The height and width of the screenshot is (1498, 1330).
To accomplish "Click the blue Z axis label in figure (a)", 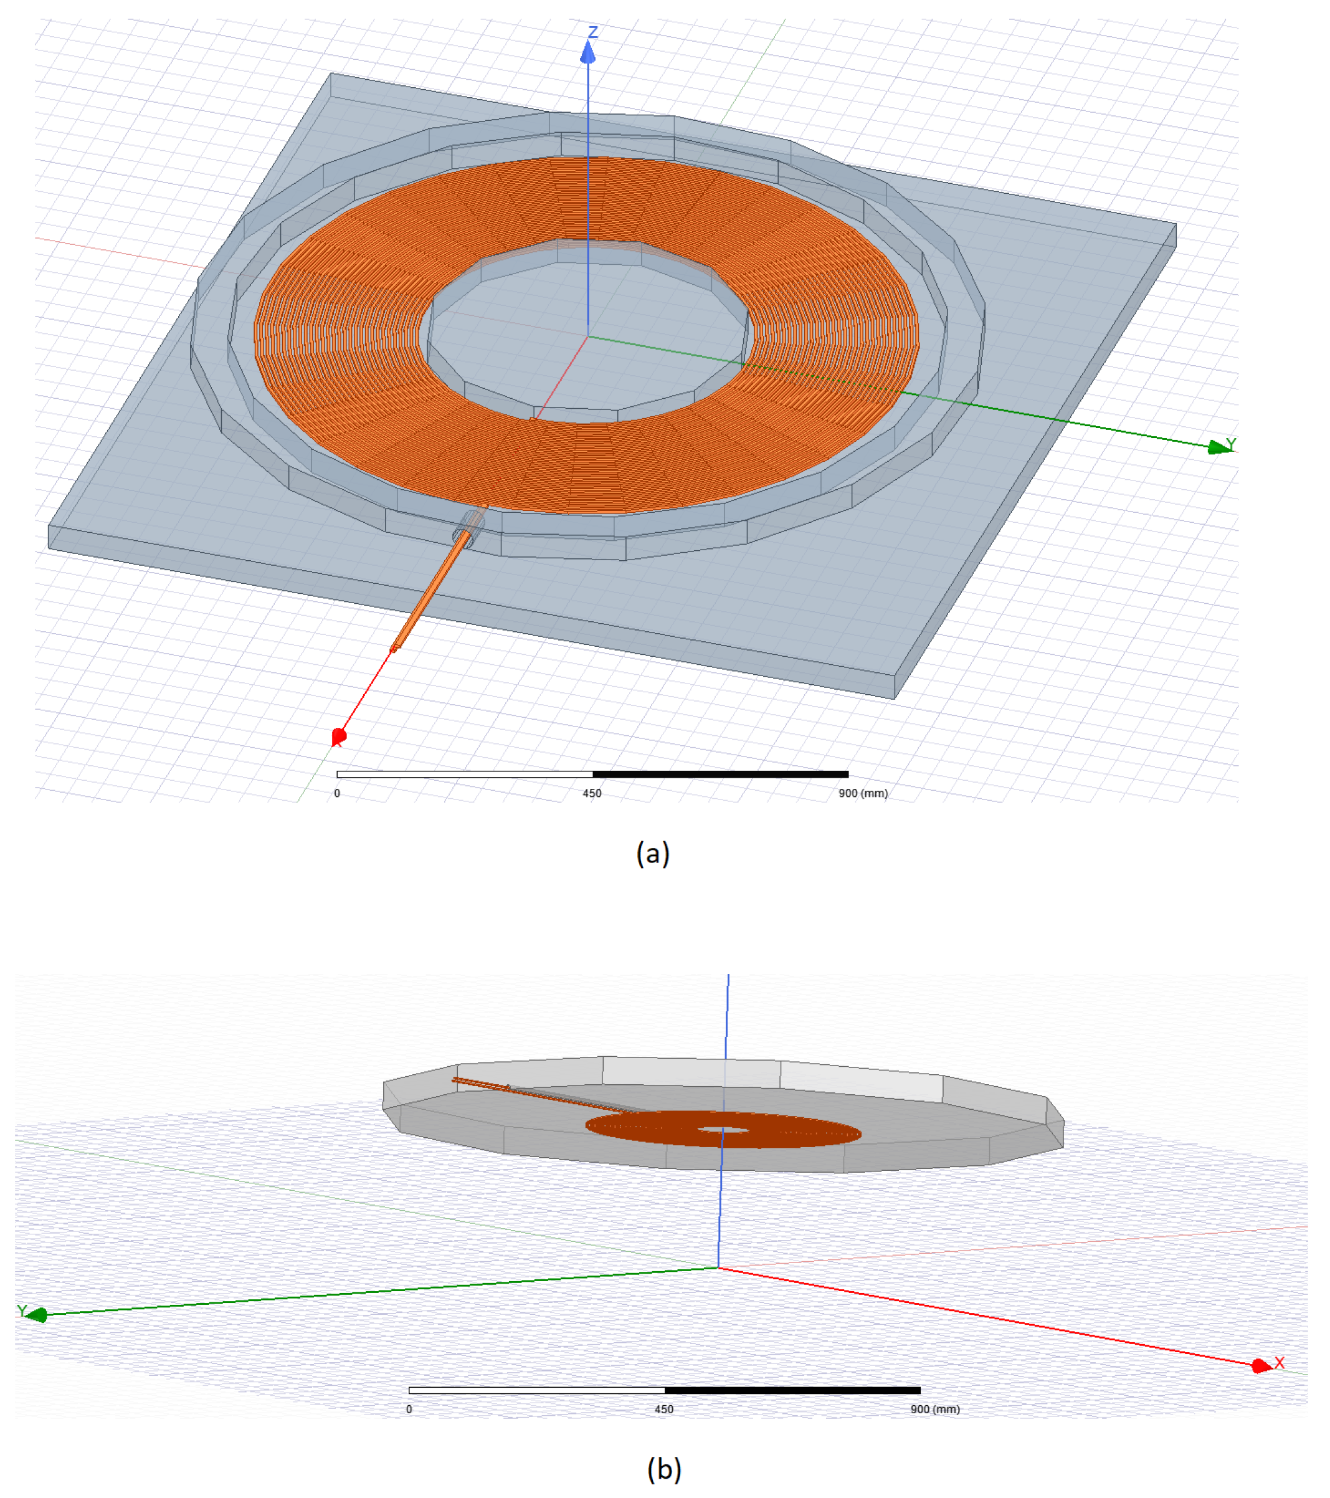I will (594, 32).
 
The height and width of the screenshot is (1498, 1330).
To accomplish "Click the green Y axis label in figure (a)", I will (1231, 444).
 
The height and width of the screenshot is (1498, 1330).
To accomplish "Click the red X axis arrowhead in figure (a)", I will (338, 736).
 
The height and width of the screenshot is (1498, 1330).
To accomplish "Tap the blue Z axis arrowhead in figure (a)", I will (587, 52).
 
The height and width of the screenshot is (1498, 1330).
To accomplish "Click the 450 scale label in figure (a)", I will (592, 793).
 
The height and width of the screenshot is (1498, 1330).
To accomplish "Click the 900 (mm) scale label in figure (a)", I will (863, 793).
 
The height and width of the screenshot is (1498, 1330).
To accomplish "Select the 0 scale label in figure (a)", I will (337, 793).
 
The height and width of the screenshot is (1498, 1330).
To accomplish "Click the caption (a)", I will (653, 853).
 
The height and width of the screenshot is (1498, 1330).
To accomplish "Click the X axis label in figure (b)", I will (1280, 1362).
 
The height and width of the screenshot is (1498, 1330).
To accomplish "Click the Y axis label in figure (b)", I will (21, 1311).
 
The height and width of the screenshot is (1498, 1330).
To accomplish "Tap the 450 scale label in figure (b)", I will (664, 1410).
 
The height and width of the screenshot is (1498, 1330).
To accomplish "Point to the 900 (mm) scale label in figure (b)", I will (934, 1410).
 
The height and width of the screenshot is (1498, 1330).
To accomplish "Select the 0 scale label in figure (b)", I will (409, 1410).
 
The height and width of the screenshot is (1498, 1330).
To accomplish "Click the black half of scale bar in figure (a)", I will (720, 774).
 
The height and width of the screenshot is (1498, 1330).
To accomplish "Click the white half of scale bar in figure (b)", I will (536, 1390).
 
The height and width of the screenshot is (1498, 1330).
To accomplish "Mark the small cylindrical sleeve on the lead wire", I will (468, 528).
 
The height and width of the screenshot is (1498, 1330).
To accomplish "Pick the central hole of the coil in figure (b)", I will (723, 1129).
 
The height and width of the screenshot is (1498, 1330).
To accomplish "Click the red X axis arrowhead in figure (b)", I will (1260, 1365).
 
